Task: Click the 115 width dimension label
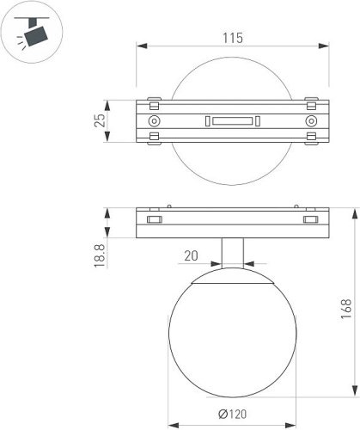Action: (232, 38)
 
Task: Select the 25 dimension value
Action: (100, 120)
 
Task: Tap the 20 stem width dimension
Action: (191, 255)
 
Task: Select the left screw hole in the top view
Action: (154, 121)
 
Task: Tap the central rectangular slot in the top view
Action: (232, 121)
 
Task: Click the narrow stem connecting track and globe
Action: (232, 257)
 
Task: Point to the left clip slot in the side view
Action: (156, 221)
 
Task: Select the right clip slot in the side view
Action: (308, 221)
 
